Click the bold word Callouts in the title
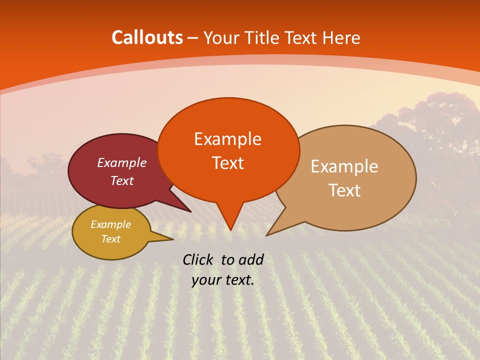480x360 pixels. click(147, 37)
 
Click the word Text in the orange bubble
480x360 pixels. click(227, 163)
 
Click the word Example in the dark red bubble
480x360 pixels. click(121, 162)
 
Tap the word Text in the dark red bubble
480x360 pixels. click(121, 180)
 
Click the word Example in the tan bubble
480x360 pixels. click(344, 166)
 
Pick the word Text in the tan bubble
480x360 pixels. click(344, 190)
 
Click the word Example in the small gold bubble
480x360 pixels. click(110, 224)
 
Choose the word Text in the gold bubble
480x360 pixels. click(110, 239)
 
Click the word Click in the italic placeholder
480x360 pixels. click(199, 259)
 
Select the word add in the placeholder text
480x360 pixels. click(250, 259)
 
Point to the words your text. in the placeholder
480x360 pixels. click(223, 280)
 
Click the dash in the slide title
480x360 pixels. click(193, 38)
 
